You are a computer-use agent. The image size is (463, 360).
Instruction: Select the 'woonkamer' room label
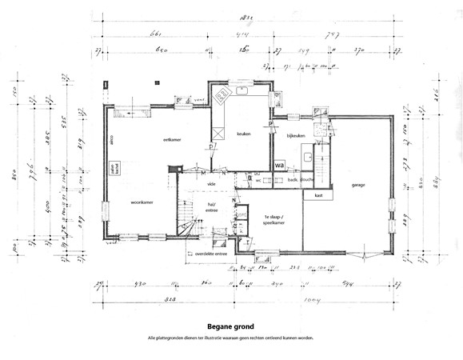click(x=142, y=203)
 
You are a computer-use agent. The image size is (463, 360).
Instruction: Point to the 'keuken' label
click(x=244, y=134)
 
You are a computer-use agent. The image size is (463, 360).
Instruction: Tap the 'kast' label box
click(x=318, y=195)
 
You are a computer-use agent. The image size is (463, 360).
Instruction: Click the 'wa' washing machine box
click(x=280, y=165)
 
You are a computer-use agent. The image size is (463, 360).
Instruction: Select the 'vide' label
click(x=211, y=184)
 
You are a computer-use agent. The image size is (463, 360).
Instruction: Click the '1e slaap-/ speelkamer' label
click(x=276, y=220)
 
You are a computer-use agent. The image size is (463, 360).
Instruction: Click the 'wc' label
click(x=259, y=181)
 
